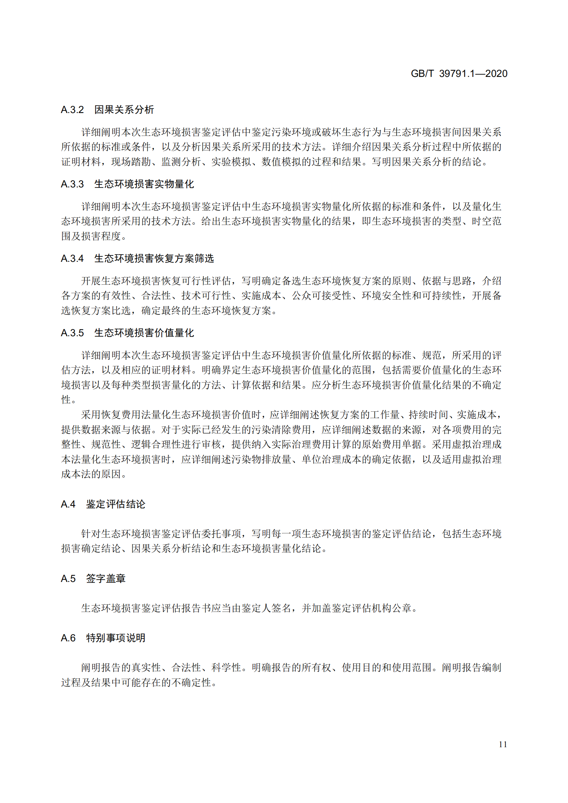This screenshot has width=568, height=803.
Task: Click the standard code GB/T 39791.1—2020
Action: [459, 74]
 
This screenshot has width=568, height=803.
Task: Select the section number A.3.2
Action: [72, 110]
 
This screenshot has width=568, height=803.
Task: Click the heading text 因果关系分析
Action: [124, 110]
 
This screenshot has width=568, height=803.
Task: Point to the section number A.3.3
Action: [72, 184]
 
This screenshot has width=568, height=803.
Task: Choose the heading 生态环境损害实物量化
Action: [144, 184]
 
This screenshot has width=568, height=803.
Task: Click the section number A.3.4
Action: [72, 259]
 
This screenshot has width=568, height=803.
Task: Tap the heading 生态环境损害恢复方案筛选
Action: [154, 259]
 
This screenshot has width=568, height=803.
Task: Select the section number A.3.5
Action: [72, 333]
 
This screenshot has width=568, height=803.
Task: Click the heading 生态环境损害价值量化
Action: [144, 333]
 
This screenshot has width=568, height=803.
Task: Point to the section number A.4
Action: [68, 504]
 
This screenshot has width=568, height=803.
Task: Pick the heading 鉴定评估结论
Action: [116, 504]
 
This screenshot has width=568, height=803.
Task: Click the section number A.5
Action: [68, 579]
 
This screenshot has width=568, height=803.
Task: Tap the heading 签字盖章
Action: [106, 579]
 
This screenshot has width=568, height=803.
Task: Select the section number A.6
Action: [68, 638]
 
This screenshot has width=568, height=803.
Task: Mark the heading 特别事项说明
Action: [116, 638]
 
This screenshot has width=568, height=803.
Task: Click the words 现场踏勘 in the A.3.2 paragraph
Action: [131, 162]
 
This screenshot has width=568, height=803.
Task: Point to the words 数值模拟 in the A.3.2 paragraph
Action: [281, 162]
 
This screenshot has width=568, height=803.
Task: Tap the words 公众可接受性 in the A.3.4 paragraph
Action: [321, 296]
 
